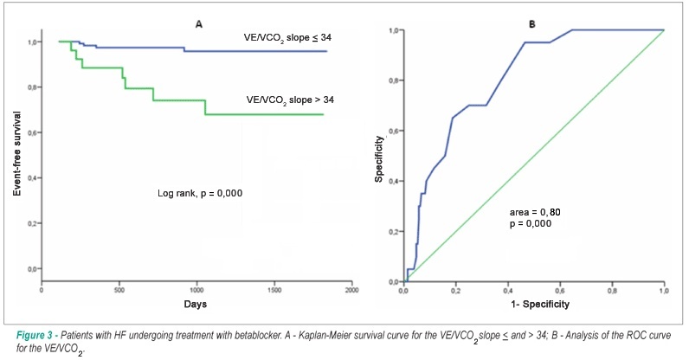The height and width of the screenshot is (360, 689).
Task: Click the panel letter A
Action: pyautogui.click(x=198, y=24)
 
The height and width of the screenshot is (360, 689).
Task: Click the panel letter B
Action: pyautogui.click(x=531, y=24)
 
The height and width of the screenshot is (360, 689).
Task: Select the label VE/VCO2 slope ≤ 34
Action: pyautogui.click(x=288, y=38)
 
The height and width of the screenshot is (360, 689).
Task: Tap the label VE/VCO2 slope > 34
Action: pyautogui.click(x=290, y=100)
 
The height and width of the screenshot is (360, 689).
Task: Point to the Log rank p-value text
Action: pyautogui.click(x=200, y=193)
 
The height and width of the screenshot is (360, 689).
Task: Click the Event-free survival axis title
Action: pyautogui.click(x=17, y=153)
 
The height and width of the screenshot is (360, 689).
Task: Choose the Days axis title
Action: pyautogui.click(x=195, y=304)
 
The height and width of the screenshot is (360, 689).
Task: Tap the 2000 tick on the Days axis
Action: pyautogui.click(x=352, y=290)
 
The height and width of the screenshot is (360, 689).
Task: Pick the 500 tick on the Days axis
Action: pyautogui.click(x=119, y=290)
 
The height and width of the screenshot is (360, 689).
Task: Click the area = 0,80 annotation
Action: pyautogui.click(x=535, y=212)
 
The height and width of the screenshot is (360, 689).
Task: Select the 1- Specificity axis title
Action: pyautogui.click(x=540, y=304)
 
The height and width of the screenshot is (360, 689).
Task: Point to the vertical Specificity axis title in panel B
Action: pyautogui.click(x=379, y=158)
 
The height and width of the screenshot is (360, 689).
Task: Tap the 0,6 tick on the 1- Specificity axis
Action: pyautogui.click(x=560, y=292)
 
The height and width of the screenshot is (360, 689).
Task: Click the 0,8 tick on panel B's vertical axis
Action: pyautogui.click(x=394, y=80)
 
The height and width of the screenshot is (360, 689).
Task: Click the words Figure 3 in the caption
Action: pyautogui.click(x=34, y=336)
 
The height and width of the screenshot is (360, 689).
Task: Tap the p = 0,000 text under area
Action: pyautogui.click(x=531, y=224)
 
